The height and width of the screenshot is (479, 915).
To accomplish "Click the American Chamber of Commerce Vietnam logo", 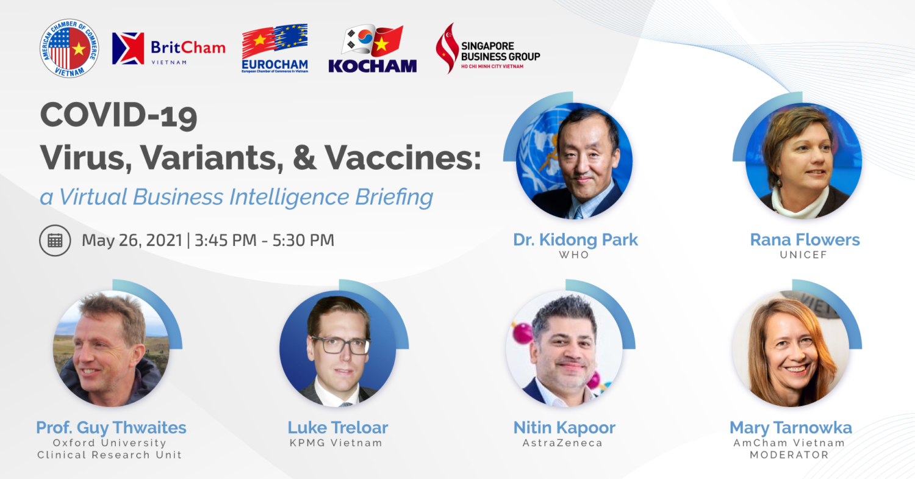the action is (x=69, y=48).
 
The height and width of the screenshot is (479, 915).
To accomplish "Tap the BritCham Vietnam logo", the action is (x=169, y=49).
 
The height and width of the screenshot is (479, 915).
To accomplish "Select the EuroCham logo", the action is (x=275, y=48).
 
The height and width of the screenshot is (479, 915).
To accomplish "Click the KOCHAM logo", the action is (x=373, y=49).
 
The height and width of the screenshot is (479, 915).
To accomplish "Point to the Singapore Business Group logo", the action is (x=488, y=48).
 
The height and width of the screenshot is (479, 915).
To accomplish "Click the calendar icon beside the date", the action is (x=55, y=240).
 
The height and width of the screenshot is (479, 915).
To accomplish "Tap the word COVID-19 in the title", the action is (x=119, y=116).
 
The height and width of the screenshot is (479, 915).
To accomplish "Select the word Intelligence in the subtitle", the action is (x=289, y=197).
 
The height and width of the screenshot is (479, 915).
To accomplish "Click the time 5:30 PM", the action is (x=303, y=240).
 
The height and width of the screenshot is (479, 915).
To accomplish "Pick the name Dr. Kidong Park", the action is (x=575, y=240).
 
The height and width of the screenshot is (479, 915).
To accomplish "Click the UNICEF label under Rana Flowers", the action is (x=803, y=255).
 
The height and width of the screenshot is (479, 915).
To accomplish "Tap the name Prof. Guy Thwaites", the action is (x=111, y=428).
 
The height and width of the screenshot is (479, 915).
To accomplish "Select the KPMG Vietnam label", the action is (x=335, y=443).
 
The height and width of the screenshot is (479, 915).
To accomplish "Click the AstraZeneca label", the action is (x=562, y=443).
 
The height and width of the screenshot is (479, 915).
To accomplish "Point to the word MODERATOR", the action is (x=789, y=455).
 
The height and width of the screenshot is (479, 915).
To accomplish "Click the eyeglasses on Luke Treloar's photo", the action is (x=340, y=345).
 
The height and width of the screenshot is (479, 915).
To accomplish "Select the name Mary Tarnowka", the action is (x=791, y=428).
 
